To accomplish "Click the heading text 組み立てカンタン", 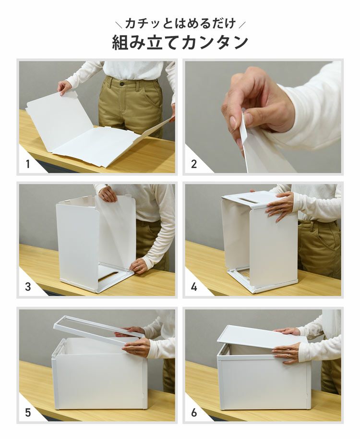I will pos(180,42).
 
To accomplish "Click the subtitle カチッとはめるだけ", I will pos(180,23).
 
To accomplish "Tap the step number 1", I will pos(28,164).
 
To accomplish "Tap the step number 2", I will pos(194,164).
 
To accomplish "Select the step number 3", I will pos(28,288).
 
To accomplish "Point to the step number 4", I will pos(194,288).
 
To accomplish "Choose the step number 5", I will pos(28,412).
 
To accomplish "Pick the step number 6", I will pos(194,412).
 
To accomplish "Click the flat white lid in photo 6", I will pos(262,336).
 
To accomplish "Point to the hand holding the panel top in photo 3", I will pos(108,194).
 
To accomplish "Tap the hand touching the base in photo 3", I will pos(138,265).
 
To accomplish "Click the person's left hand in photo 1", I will pos(64,87).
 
